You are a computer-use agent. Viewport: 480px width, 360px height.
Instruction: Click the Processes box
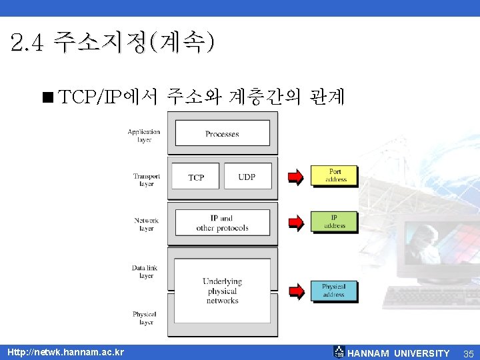tap(222, 133)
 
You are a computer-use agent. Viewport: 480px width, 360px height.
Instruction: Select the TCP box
tap(195, 177)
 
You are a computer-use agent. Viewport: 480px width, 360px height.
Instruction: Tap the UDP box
tap(247, 176)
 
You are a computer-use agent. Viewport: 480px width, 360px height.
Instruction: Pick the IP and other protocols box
tap(222, 223)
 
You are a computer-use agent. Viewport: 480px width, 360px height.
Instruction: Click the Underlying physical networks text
tap(222, 291)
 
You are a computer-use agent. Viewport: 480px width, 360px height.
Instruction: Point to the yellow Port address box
tap(334, 175)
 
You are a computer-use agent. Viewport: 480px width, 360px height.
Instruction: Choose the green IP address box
tap(334, 222)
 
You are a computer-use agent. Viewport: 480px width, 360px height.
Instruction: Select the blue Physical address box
tap(333, 291)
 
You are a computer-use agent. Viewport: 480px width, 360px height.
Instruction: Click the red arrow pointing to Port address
tap(295, 177)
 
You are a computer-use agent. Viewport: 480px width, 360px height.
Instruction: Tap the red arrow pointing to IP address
tap(295, 223)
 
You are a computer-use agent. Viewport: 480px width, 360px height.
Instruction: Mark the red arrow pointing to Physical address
tap(295, 291)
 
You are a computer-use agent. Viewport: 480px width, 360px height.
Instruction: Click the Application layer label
tap(144, 135)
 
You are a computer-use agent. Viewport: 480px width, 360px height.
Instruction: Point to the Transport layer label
tap(146, 180)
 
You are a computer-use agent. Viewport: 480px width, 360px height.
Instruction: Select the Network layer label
tap(146, 224)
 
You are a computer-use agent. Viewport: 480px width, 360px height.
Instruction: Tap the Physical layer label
tap(145, 318)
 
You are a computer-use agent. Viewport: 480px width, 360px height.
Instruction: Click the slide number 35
tap(468, 353)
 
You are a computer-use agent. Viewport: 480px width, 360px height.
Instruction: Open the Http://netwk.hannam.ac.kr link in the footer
tap(65, 352)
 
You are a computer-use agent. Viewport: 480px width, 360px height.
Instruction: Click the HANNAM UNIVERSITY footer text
tap(399, 353)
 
